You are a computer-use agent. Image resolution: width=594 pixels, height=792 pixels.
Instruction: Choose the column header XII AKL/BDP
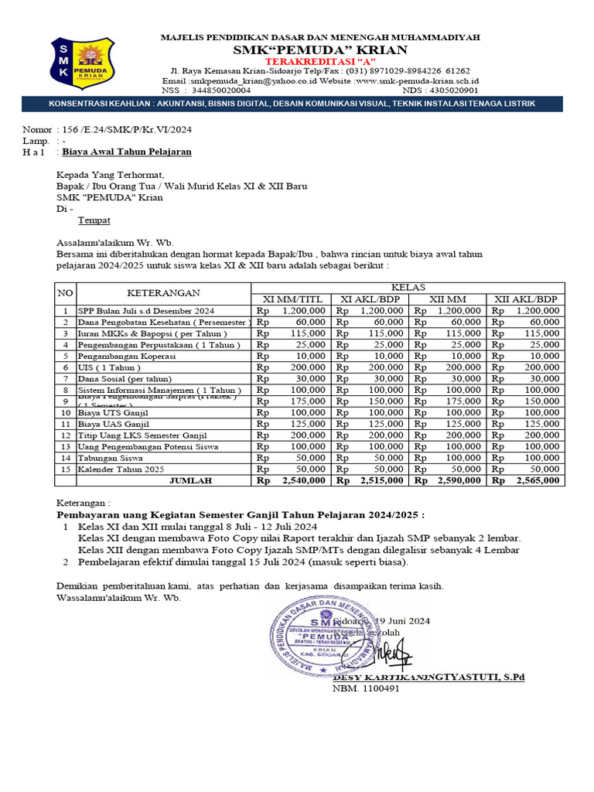(x=526, y=299)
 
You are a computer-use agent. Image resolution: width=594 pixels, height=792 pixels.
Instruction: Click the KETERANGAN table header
(x=163, y=293)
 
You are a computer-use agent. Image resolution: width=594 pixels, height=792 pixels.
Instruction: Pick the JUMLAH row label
(x=190, y=480)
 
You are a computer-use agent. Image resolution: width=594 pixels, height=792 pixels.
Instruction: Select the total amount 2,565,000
(x=534, y=480)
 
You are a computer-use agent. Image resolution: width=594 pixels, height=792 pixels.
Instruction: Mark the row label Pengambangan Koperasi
(x=126, y=356)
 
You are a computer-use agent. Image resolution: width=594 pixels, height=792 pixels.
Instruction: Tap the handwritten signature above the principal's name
(x=395, y=654)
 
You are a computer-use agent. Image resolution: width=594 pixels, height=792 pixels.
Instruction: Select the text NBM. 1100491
(x=366, y=688)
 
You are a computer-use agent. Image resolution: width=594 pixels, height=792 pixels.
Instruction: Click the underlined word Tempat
(x=94, y=220)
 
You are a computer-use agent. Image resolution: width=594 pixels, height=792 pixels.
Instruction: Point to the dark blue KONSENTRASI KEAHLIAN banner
(x=297, y=104)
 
